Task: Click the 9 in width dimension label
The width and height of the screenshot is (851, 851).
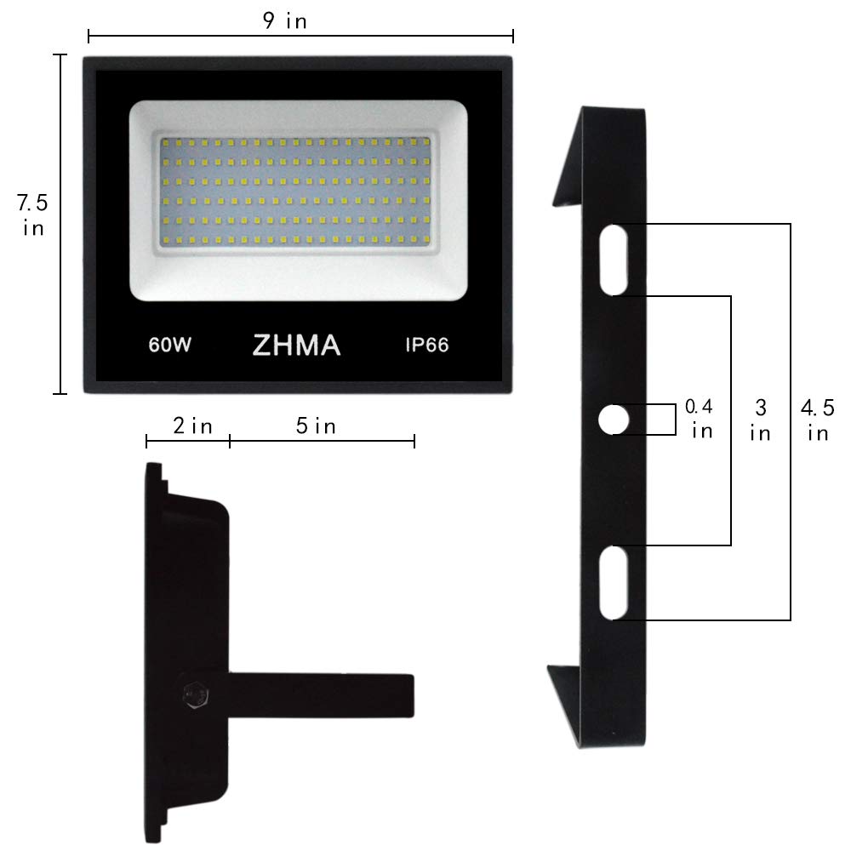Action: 285,21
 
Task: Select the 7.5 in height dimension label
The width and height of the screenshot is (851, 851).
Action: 33,215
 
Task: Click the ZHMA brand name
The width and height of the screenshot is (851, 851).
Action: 296,346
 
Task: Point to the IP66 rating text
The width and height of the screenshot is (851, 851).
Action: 425,346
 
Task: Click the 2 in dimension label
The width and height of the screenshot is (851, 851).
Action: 192,425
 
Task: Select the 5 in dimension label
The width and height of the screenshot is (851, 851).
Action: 316,425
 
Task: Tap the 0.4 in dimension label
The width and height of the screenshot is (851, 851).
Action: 700,419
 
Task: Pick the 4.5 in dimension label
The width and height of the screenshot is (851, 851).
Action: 816,419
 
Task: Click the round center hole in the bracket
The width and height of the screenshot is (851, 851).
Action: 614,420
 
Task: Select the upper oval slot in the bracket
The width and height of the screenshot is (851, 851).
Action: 614,260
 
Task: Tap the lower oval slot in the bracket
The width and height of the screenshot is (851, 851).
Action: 614,583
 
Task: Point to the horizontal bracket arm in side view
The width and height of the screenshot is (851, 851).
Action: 323,694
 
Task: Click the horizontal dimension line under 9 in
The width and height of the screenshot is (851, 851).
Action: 300,36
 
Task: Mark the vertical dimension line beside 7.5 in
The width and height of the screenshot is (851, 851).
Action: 60,224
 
